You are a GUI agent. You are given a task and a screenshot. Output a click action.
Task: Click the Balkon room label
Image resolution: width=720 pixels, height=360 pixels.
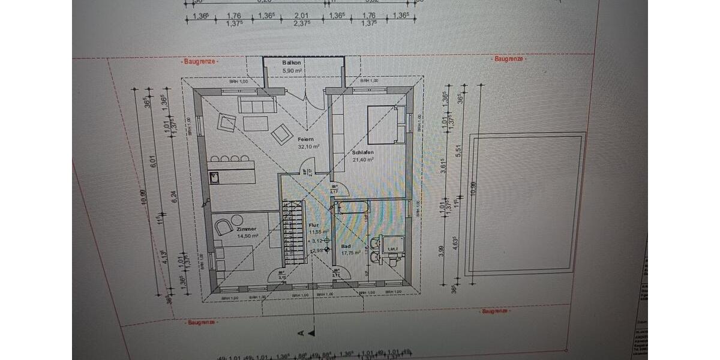point(292,62)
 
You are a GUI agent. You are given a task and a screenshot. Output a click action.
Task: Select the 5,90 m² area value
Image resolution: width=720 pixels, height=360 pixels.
point(292,70)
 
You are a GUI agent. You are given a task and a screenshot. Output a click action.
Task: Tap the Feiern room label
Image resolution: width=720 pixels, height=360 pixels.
point(306,139)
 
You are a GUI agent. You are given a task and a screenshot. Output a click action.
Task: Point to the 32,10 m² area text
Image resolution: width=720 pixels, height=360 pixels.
point(308,146)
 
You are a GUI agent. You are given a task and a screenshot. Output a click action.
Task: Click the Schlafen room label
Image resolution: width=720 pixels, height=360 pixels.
point(363,152)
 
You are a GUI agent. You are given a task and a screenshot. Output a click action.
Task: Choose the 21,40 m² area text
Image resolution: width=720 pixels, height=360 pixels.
point(364,160)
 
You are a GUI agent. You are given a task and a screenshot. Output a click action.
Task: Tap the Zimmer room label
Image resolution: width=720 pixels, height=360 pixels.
point(246,229)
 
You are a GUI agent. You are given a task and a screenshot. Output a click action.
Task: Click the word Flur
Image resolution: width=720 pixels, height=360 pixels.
point(313,225)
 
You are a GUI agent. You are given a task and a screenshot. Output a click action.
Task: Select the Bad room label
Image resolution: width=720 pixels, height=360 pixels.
point(346,246)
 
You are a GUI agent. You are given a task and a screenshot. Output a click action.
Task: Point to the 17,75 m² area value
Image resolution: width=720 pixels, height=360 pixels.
point(351,253)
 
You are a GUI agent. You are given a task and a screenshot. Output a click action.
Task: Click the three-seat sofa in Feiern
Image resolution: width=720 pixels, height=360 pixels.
point(257,105)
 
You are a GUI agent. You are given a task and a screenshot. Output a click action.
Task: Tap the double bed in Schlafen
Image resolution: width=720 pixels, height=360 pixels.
point(382,125)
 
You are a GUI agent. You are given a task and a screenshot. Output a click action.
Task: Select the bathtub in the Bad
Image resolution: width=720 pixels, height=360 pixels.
point(353,208)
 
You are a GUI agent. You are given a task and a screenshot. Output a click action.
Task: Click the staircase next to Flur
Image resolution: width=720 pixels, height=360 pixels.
point(295,234)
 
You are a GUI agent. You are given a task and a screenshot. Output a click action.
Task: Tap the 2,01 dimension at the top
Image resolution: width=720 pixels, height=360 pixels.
point(302,16)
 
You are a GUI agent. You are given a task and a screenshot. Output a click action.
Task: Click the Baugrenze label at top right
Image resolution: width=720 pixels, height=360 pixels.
point(509,59)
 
